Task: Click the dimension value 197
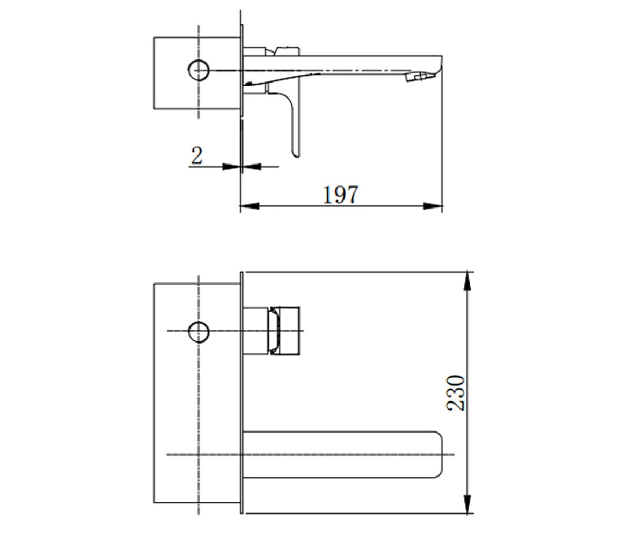(340, 195)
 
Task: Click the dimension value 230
(455, 393)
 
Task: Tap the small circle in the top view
(199, 70)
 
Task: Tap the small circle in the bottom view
(199, 332)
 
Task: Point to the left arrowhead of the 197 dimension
(250, 206)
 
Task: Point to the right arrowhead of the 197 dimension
(433, 206)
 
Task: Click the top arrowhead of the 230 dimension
(467, 280)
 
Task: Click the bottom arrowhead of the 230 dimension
(467, 504)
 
